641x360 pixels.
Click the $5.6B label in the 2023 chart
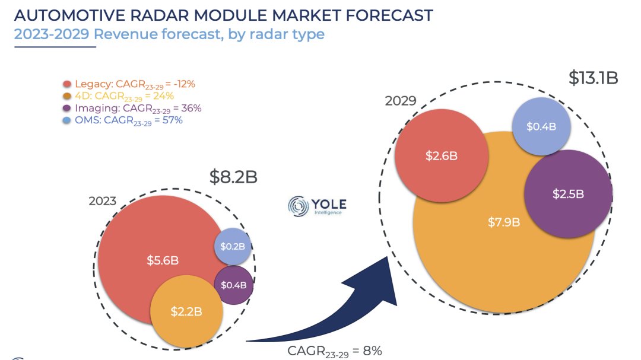(163, 260)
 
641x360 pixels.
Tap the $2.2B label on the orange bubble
(186, 311)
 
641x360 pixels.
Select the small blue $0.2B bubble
(233, 246)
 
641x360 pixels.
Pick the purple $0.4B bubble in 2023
(233, 285)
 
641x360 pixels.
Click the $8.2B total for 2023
(233, 177)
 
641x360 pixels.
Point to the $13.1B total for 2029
(593, 78)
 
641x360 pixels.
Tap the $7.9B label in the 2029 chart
(504, 222)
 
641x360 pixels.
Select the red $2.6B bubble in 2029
(442, 156)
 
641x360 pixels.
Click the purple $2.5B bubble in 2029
(568, 193)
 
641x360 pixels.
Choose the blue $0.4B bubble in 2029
(541, 126)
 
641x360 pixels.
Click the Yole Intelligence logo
(317, 205)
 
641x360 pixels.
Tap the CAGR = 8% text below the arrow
(334, 351)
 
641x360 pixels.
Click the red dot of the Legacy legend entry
(67, 84)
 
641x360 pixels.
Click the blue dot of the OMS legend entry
(67, 120)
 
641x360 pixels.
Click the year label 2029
(401, 100)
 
